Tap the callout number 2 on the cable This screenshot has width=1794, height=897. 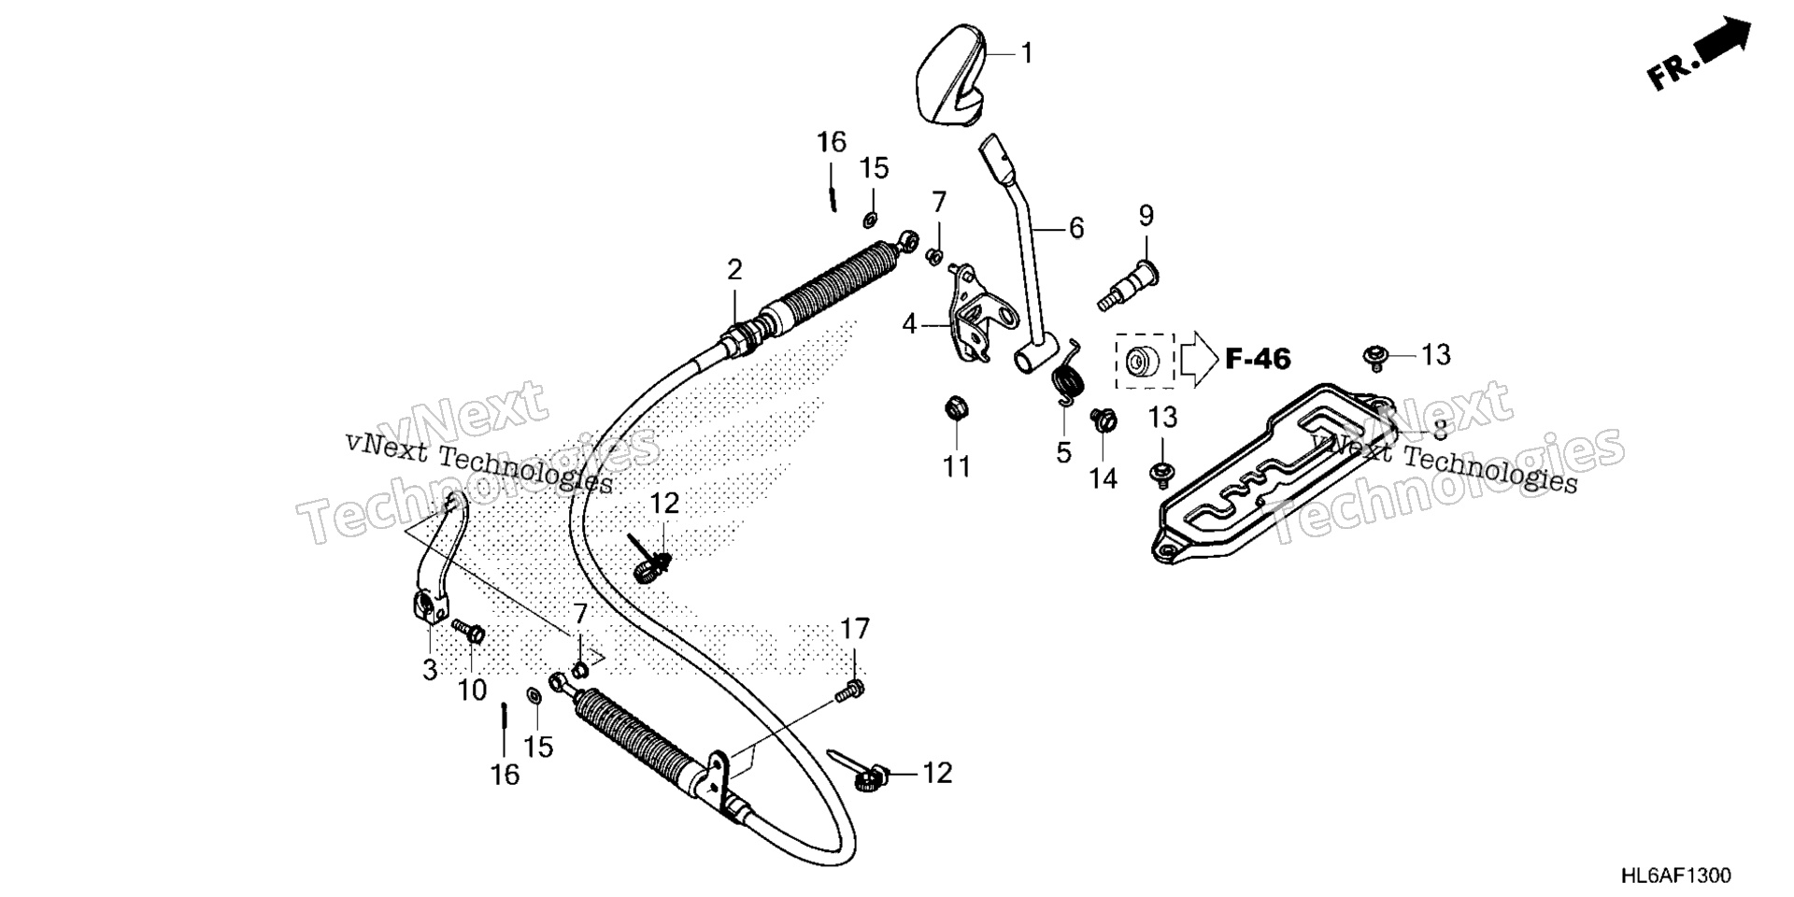735,271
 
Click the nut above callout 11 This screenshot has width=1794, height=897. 957,408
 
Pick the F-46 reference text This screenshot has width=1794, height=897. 1258,358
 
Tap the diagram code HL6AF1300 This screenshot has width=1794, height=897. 1675,876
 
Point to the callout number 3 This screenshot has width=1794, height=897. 430,669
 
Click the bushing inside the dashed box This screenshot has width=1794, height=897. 1143,361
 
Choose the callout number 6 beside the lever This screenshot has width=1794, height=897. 1076,228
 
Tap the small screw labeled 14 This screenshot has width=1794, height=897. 1103,420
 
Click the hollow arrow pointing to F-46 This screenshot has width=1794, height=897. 1199,359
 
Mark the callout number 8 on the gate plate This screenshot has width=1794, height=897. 1439,431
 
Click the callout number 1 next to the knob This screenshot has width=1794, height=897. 1026,53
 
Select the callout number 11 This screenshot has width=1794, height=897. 957,465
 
